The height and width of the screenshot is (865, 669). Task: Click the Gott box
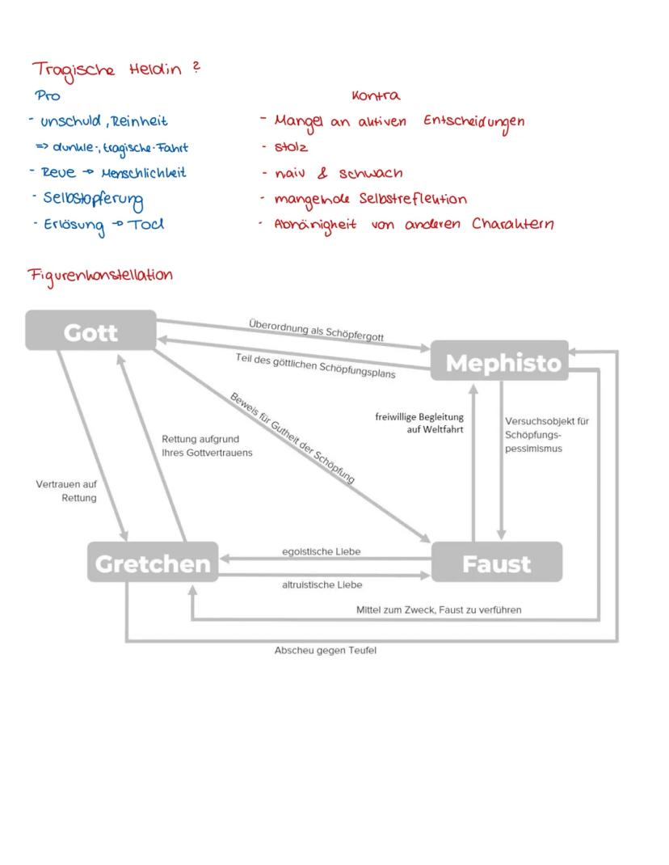(x=90, y=331)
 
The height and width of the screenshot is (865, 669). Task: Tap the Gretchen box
(x=153, y=563)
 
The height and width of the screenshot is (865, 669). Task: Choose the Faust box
(x=496, y=563)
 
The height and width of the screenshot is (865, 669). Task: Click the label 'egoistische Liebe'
(x=321, y=551)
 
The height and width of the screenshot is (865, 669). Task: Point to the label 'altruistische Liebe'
(x=322, y=584)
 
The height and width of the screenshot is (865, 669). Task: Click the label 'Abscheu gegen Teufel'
(x=326, y=651)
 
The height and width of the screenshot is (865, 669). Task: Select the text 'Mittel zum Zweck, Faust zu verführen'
(x=439, y=610)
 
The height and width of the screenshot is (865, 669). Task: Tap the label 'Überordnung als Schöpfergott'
(x=316, y=331)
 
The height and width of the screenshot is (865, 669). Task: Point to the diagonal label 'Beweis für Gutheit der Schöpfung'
(x=293, y=438)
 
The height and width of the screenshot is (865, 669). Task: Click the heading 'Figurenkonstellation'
(x=100, y=275)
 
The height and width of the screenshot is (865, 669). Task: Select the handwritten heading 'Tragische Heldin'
(x=111, y=70)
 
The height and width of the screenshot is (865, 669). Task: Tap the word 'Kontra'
(x=376, y=96)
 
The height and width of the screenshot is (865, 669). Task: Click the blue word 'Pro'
(x=48, y=96)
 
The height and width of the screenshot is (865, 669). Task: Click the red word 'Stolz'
(x=291, y=147)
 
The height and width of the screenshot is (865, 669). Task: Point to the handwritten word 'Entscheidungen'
(x=473, y=122)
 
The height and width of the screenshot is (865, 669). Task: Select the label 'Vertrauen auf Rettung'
(x=67, y=491)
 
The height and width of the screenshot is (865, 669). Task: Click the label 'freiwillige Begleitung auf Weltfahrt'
(x=419, y=423)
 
